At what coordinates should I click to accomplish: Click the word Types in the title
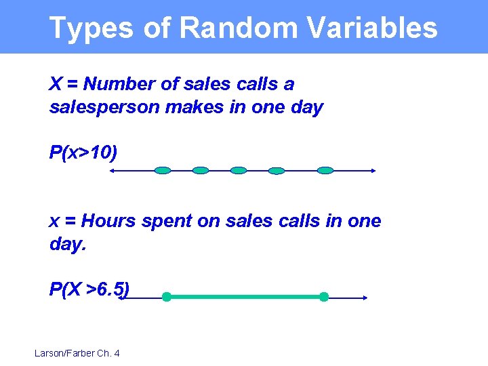tap(91, 28)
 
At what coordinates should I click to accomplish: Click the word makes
tap(193, 107)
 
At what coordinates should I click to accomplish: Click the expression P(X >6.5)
tap(89, 289)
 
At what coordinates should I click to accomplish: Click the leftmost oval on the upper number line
tap(163, 171)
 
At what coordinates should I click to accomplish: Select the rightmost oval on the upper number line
tap(326, 171)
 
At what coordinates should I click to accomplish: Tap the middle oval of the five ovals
tap(239, 171)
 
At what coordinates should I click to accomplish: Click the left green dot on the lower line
tap(166, 297)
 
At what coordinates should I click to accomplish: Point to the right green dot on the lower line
tap(324, 297)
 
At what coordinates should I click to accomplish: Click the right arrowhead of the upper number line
tap(373, 171)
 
